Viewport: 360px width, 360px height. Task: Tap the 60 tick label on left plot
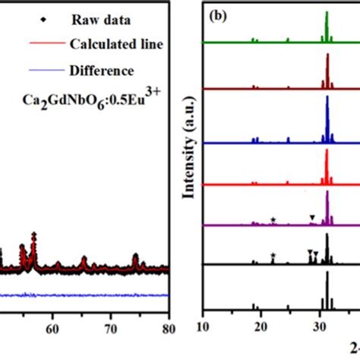click(x=52, y=330)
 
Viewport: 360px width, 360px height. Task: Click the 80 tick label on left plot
click(x=169, y=330)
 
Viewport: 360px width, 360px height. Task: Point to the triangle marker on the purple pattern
click(x=312, y=218)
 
